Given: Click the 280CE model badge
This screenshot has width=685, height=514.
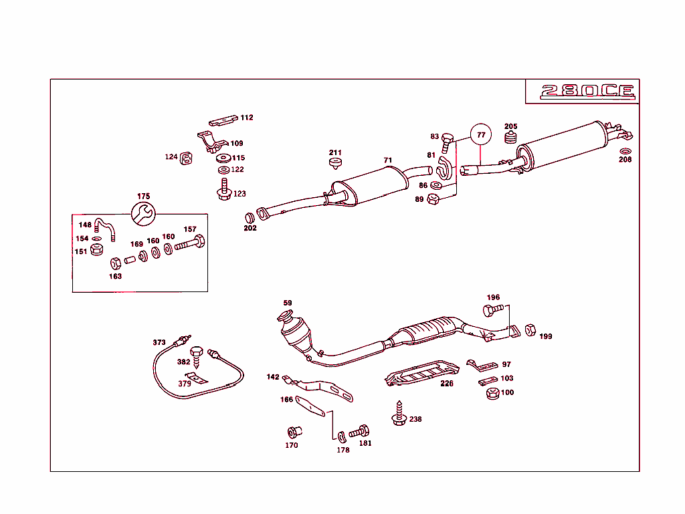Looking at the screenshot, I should (587, 92).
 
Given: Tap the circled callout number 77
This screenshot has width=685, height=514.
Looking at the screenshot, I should (480, 134).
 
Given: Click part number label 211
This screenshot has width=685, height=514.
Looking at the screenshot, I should (335, 153).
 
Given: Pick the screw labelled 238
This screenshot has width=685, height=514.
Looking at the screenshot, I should (399, 414).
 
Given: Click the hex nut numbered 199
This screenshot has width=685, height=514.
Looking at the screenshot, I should (530, 330).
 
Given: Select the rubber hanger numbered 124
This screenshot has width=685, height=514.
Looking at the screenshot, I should (187, 158).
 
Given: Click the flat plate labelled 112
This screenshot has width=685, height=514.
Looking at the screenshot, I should (223, 120).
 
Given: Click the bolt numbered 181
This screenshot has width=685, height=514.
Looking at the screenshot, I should (361, 430).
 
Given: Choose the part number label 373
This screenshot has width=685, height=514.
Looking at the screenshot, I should (159, 343).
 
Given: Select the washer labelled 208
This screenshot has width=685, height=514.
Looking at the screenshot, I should (625, 150).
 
